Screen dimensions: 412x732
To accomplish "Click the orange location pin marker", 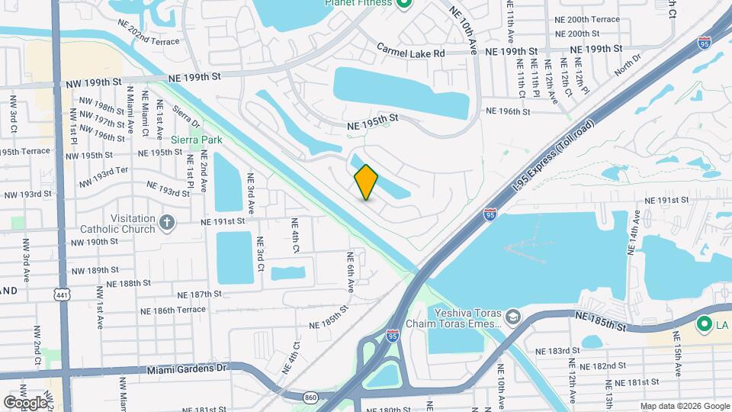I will [367, 182].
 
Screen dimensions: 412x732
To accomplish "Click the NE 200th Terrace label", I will [588, 19].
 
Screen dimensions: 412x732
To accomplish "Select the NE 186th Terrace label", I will [173, 310].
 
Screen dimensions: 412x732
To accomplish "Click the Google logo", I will [24, 402].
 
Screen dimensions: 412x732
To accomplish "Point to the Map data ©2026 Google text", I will [684, 406].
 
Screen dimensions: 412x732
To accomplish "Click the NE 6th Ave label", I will [352, 272].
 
